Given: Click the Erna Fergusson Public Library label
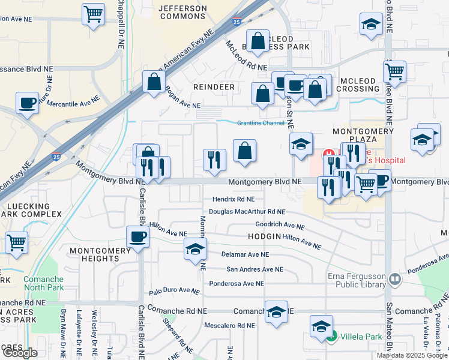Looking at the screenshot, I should tap(348, 279).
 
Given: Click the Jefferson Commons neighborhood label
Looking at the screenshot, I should tap(182, 12).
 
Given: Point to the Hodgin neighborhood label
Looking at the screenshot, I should tap(264, 236).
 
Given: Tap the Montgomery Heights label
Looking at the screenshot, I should tap(94, 254).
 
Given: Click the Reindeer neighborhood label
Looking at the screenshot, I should tap(214, 87).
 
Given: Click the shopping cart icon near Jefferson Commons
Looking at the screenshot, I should tap(93, 14).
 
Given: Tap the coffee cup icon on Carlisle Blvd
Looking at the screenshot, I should tap(138, 236).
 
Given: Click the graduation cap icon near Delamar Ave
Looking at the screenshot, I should tap(195, 250).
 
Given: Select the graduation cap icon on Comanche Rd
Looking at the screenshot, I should tap(276, 312).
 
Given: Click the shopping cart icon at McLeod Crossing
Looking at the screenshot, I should tap(394, 71).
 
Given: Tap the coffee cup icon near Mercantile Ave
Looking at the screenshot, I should tap(27, 102).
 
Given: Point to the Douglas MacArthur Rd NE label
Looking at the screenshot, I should tap(247, 212).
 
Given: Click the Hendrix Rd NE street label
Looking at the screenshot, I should tap(234, 199).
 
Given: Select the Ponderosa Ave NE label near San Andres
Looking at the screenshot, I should tap(236, 284).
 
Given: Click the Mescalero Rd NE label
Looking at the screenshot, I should tap(230, 326).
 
